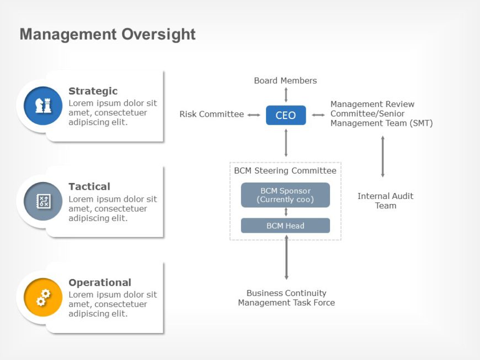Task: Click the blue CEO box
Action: coord(286,115)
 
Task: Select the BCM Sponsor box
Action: coord(285,195)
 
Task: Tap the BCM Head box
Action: coord(285,225)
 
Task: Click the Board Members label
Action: coord(285,80)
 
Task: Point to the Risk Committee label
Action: coord(211,114)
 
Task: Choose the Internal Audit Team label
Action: coord(385,201)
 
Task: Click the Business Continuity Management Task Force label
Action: coord(286,298)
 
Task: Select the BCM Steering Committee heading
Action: coord(285,171)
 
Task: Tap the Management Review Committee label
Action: coord(381,114)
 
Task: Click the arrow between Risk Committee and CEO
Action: coord(254,115)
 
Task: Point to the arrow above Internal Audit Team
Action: coord(382,157)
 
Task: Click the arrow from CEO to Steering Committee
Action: coord(286,143)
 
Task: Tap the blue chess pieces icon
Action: coord(43,106)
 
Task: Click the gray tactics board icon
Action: coord(43,201)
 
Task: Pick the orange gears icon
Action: coord(43,297)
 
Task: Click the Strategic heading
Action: coord(93,91)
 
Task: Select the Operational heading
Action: coord(100,282)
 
